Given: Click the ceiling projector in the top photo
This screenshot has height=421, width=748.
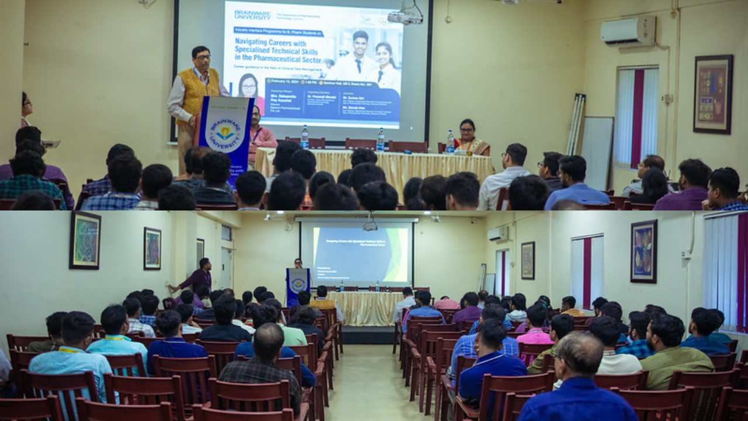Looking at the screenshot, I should click(x=405, y=17).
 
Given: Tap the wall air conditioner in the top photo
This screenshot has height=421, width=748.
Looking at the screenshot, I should click(x=628, y=31).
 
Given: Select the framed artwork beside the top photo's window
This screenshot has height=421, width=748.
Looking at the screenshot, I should click(x=712, y=94).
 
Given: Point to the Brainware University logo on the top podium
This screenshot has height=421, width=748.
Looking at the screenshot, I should click(x=226, y=132).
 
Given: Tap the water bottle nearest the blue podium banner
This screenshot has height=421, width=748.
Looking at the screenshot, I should click(x=304, y=138).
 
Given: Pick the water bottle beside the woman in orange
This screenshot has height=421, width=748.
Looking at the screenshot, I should click(x=450, y=142).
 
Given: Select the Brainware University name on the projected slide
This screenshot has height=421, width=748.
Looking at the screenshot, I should click(x=252, y=14).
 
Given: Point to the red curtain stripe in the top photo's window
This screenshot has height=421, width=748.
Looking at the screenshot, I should click(x=637, y=117).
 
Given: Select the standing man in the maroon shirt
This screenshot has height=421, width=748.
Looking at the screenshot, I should click(x=199, y=277).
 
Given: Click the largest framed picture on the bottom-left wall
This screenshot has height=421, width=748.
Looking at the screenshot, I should click(x=85, y=240).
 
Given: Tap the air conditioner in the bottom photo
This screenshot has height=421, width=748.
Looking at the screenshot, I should click(x=498, y=234).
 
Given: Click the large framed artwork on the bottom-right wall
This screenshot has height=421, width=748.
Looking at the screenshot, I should click(x=643, y=251).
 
